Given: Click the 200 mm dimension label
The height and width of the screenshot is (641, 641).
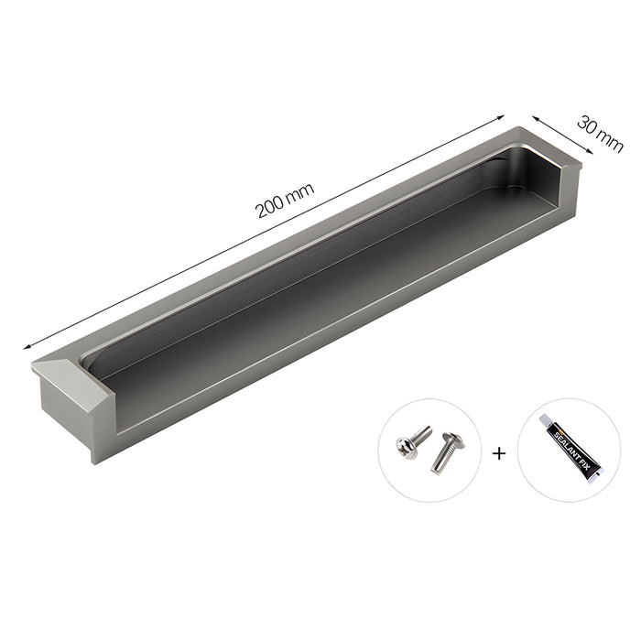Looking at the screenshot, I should [x=285, y=199].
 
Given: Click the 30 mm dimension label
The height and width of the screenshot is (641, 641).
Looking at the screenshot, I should [x=600, y=132].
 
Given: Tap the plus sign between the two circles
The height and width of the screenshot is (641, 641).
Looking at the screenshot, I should [x=499, y=451].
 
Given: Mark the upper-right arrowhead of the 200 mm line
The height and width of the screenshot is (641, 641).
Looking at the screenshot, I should [x=502, y=116].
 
